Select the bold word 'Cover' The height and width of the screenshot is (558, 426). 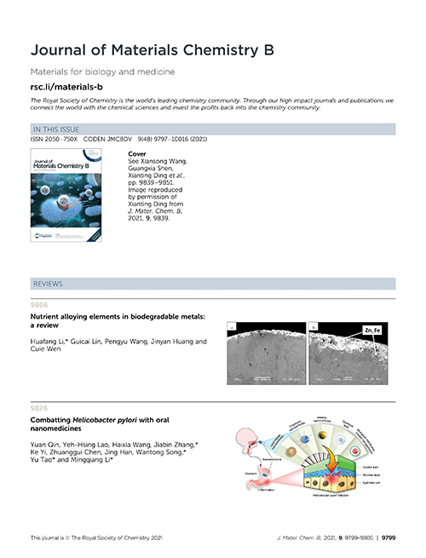click(136, 154)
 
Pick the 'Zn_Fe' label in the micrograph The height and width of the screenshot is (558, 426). click(372, 330)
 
